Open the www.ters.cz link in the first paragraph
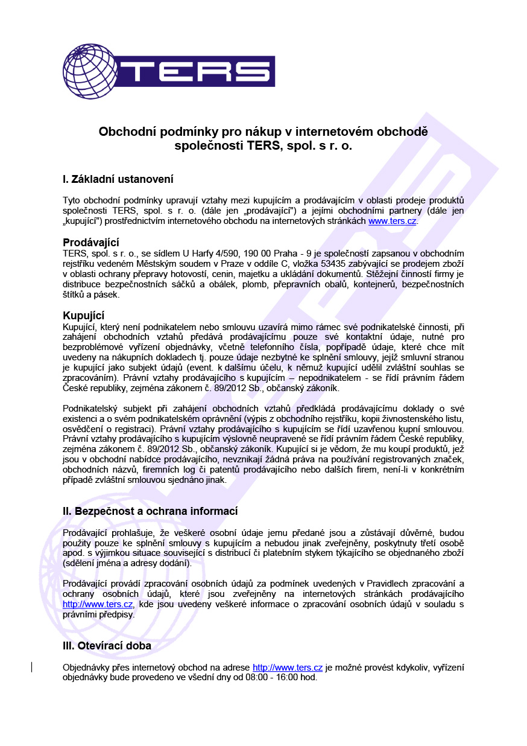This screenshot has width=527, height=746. tap(393, 221)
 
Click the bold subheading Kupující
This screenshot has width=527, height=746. tap(84, 316)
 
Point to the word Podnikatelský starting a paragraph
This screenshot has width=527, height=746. tap(91, 409)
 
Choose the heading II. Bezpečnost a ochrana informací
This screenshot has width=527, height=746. tap(150, 511)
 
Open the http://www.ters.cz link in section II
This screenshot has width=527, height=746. tap(98, 604)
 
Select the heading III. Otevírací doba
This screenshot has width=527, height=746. tap(107, 646)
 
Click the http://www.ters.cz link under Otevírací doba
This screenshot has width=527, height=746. tap(288, 668)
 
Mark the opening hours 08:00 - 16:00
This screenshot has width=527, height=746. tap(263, 677)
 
